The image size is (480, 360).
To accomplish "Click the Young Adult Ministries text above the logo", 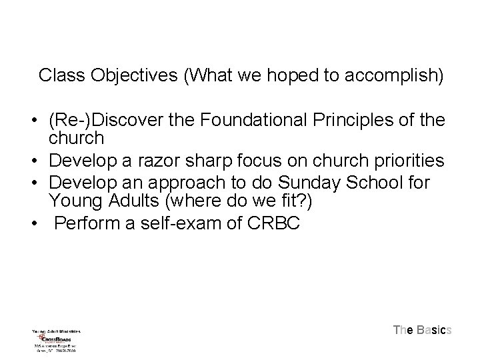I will [x=56, y=329].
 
